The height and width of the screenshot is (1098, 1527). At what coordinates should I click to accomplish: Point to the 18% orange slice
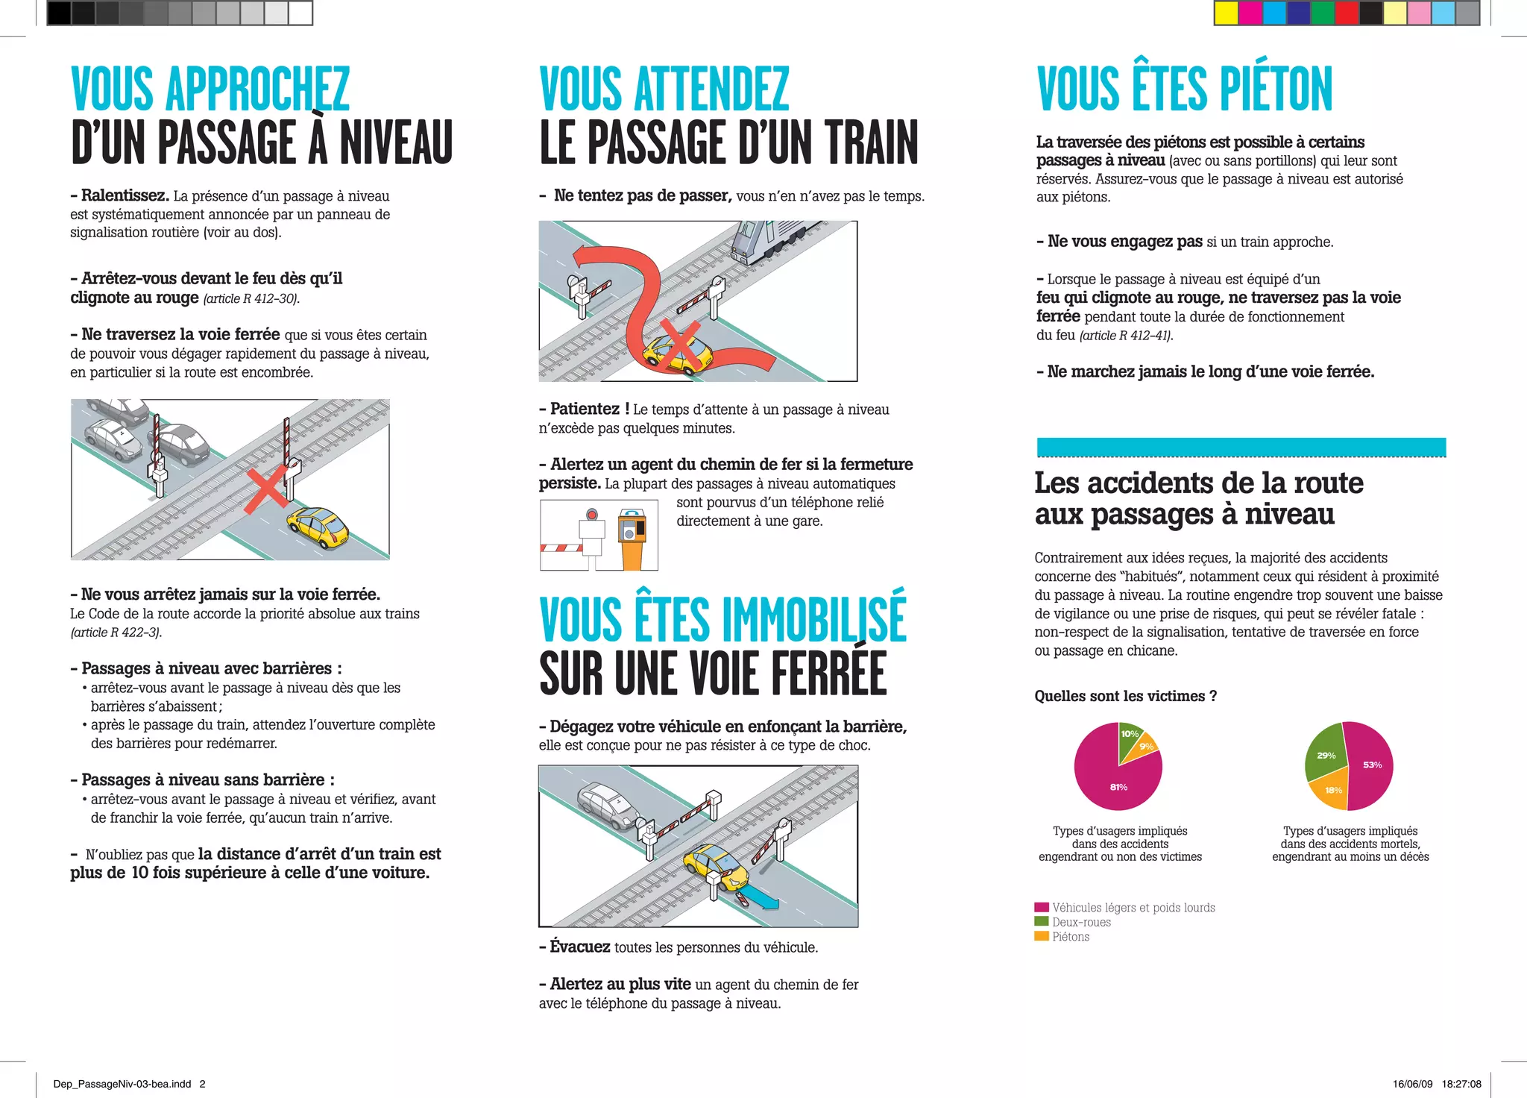tap(1331, 792)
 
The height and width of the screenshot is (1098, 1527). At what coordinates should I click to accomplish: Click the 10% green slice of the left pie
tap(1129, 737)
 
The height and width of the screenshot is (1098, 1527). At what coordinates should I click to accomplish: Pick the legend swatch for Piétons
tap(1042, 936)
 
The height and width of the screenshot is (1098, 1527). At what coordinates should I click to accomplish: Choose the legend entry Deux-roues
tap(1073, 922)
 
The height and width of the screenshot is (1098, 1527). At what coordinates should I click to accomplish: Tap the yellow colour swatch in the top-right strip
tap(1227, 13)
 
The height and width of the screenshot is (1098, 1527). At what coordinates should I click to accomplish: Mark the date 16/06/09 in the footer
tap(1412, 1084)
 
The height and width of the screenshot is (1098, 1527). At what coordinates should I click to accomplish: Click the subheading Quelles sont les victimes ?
tap(1126, 696)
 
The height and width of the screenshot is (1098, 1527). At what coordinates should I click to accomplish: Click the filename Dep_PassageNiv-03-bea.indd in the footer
tap(122, 1084)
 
